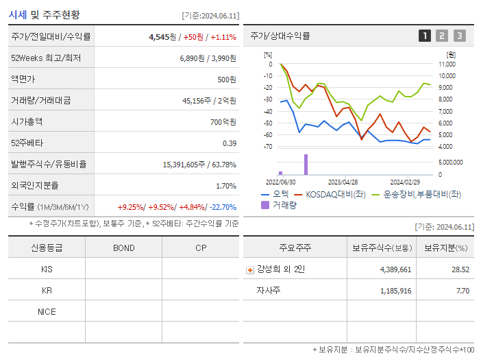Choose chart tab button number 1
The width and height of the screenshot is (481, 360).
(x=425, y=36)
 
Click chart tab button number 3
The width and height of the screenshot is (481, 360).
(x=459, y=36)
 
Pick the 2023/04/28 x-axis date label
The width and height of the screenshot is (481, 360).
(x=343, y=182)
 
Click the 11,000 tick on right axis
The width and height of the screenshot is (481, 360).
(x=447, y=64)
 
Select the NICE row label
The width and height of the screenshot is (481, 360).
(x=47, y=311)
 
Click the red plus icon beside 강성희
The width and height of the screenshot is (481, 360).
(x=250, y=270)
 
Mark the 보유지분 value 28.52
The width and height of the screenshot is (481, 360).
(x=460, y=269)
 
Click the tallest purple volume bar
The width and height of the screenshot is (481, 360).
(x=306, y=165)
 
